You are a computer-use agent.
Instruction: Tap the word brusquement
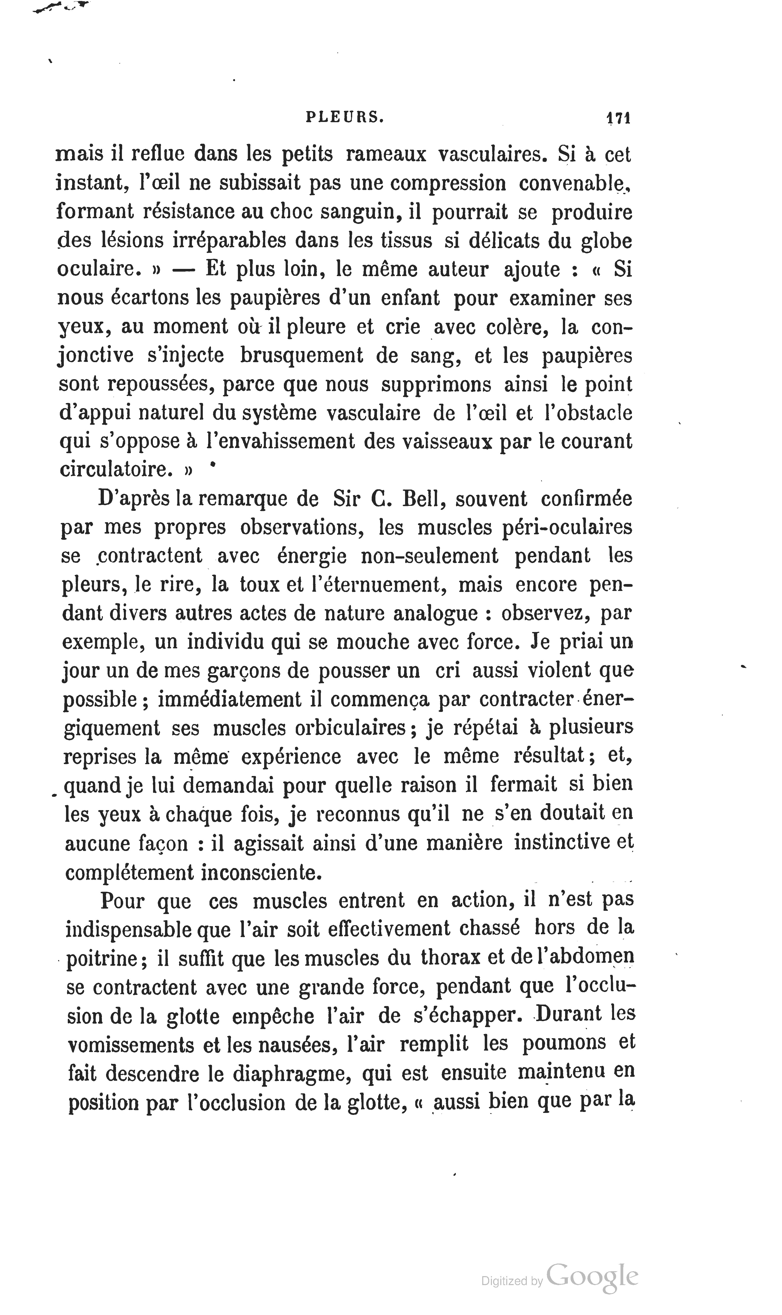click(302, 355)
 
